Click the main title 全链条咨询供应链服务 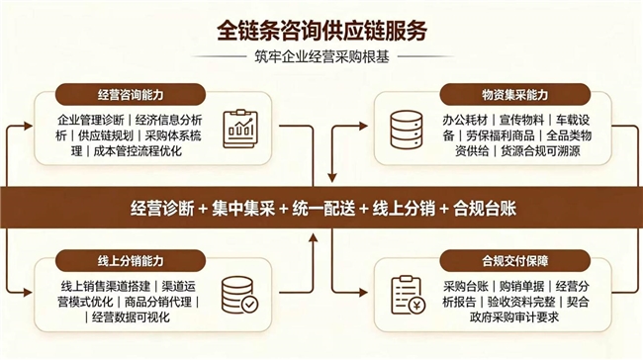pos(321,31)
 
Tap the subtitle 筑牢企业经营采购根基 pos(321,57)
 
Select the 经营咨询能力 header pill pos(131,95)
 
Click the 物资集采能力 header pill pos(514,95)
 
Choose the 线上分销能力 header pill pos(131,261)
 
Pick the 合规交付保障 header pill pos(514,261)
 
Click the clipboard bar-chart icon pos(240,129)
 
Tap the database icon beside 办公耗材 pos(406,130)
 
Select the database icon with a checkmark pos(240,295)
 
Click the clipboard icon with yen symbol pos(408,295)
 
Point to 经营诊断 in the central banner pos(162,209)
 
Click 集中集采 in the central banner pos(243,209)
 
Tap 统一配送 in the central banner pos(323,209)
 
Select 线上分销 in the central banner pos(404,209)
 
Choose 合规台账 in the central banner pos(485,209)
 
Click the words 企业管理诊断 pos(91,120)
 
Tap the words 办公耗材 pos(465,120)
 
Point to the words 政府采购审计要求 pos(514,316)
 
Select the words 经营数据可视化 pos(131,316)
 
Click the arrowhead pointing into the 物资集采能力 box pos(363,127)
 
